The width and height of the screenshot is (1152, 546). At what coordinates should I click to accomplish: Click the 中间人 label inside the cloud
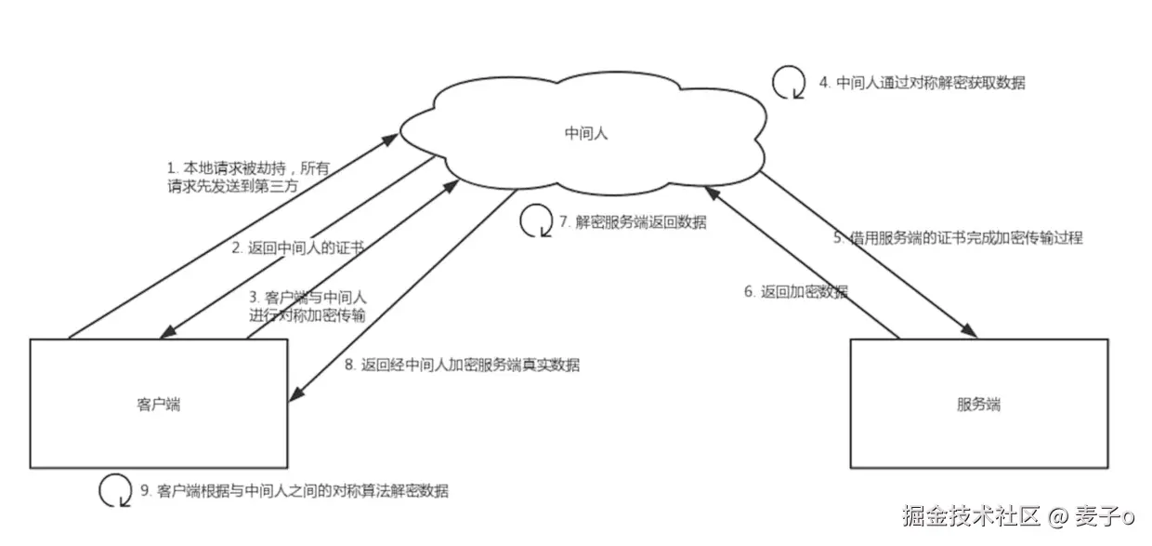(x=585, y=134)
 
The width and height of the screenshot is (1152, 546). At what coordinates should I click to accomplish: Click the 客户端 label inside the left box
(x=158, y=404)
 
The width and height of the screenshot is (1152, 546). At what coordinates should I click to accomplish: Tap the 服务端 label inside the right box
(x=978, y=404)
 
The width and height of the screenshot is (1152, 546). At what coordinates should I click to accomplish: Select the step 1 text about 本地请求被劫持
(x=248, y=177)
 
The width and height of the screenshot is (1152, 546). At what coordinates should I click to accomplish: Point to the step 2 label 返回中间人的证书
(x=296, y=248)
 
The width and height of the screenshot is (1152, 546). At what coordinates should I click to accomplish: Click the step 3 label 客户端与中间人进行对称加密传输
(x=308, y=307)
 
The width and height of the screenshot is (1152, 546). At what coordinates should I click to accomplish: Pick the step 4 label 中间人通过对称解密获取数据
(x=922, y=83)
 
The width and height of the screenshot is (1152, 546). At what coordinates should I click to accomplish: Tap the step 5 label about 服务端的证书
(x=957, y=238)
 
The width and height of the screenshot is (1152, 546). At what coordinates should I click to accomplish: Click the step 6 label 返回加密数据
(x=795, y=292)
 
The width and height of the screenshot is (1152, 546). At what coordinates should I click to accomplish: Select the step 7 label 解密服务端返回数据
(x=632, y=222)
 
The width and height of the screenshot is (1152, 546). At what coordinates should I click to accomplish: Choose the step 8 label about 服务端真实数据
(x=462, y=366)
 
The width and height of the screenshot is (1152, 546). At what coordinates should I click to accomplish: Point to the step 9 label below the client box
(x=294, y=490)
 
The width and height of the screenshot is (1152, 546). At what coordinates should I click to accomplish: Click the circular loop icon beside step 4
(x=789, y=82)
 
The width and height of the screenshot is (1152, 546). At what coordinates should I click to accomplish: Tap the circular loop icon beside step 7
(x=535, y=221)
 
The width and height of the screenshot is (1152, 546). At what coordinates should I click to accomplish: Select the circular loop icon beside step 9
(x=115, y=489)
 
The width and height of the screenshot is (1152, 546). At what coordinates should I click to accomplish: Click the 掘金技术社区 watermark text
(x=971, y=514)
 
